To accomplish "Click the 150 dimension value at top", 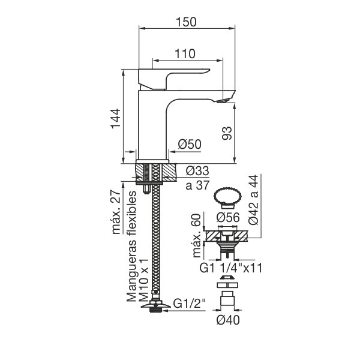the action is click(x=186, y=22).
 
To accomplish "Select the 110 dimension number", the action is click(x=185, y=54).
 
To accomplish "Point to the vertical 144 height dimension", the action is click(x=115, y=118).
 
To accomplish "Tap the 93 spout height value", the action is click(x=227, y=133).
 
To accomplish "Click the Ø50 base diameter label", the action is click(x=190, y=144).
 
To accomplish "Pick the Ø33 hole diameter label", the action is click(x=197, y=171).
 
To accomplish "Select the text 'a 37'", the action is click(x=197, y=185).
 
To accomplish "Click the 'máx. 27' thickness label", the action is click(x=116, y=212).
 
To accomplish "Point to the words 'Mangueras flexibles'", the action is click(x=131, y=247).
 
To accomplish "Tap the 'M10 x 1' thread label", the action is click(x=144, y=280).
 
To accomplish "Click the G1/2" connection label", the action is click(x=190, y=303).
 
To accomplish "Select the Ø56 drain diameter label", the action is click(x=228, y=217).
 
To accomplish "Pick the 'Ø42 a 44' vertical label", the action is click(x=253, y=200).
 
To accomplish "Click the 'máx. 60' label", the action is click(x=197, y=236).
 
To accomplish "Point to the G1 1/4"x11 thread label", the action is click(x=231, y=268).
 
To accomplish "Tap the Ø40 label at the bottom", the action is click(x=228, y=320).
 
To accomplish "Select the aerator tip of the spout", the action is click(x=223, y=101).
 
